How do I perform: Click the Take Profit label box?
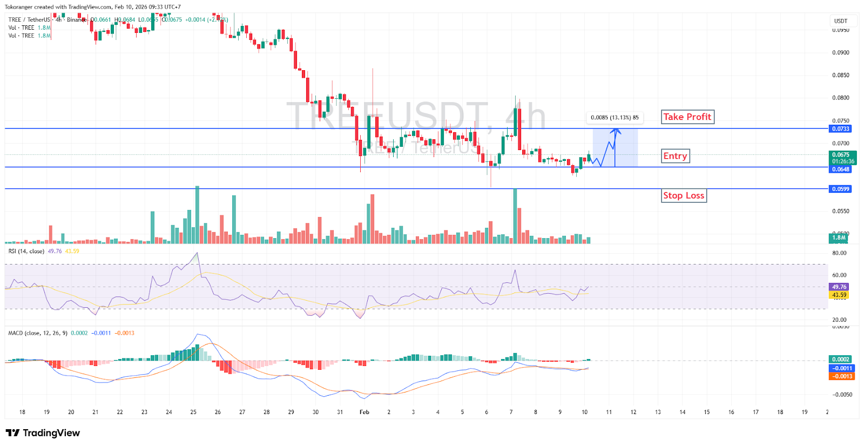(x=687, y=117)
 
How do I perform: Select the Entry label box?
(x=676, y=156)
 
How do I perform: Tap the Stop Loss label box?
(x=684, y=195)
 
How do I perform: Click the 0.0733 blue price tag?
(x=840, y=128)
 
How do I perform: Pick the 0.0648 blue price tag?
(x=840, y=169)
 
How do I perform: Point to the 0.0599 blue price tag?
(x=840, y=189)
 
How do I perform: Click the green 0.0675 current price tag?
(x=842, y=158)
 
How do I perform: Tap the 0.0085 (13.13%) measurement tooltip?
(x=615, y=117)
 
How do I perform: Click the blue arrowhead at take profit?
(x=616, y=130)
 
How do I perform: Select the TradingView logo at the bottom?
(x=43, y=433)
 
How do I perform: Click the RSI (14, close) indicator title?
(x=26, y=251)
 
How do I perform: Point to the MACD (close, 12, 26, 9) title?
(x=38, y=333)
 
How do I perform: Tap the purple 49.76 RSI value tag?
(x=839, y=287)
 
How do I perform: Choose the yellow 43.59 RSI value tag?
(x=839, y=295)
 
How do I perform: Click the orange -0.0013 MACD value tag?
(x=842, y=376)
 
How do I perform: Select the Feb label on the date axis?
(x=364, y=412)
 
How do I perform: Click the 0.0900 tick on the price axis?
(x=840, y=52)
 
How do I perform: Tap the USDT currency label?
(x=841, y=21)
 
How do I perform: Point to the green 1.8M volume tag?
(x=839, y=238)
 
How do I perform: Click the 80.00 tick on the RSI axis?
(x=839, y=253)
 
